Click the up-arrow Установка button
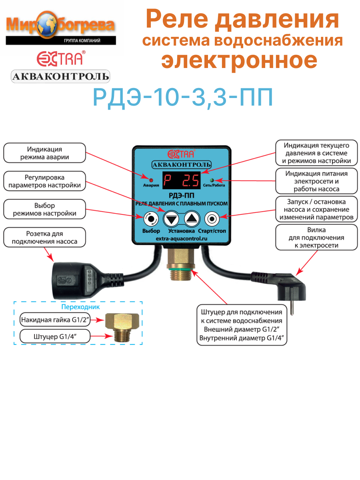(192, 218)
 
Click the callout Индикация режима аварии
(45, 153)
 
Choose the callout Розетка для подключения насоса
(45, 237)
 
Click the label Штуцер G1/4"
(55, 336)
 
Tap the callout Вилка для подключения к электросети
(316, 238)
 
